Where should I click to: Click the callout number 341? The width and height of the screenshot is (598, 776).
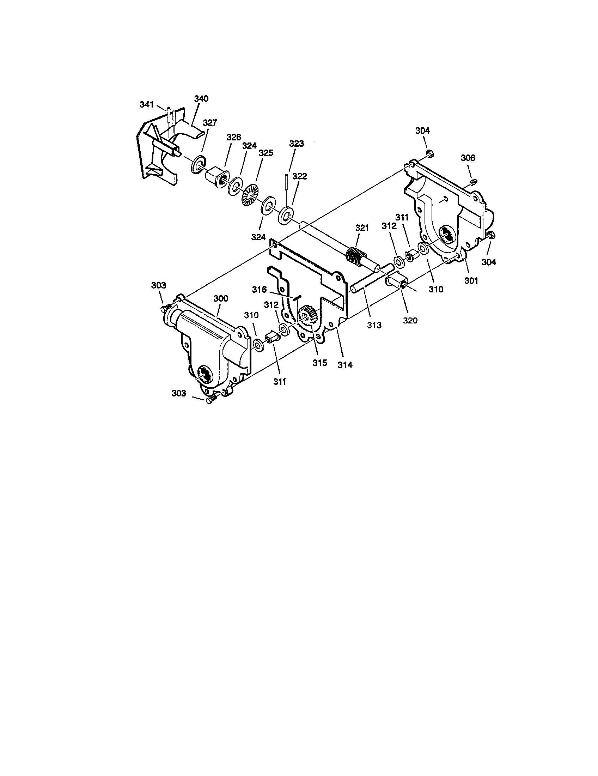click(x=147, y=105)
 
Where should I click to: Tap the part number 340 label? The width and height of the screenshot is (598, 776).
click(x=201, y=99)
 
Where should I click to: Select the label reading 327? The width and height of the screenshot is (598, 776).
click(x=209, y=123)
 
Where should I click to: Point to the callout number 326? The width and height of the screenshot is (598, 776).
click(x=234, y=137)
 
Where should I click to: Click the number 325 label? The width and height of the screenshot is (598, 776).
click(x=266, y=153)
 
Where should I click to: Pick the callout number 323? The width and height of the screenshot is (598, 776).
click(x=297, y=144)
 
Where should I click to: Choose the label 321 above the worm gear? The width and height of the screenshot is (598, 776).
click(x=362, y=228)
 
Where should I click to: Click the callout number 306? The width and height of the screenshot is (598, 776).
click(x=468, y=157)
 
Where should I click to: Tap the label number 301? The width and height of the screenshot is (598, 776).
click(x=471, y=281)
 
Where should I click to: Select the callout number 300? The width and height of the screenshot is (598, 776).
click(x=220, y=298)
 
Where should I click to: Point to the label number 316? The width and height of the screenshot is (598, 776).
click(x=259, y=290)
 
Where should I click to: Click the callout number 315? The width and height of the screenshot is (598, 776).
click(x=320, y=363)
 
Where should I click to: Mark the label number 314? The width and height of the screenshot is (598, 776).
click(x=345, y=365)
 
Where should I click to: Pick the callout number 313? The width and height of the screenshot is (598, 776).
click(x=374, y=325)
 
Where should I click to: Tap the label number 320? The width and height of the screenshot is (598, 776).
click(x=410, y=320)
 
